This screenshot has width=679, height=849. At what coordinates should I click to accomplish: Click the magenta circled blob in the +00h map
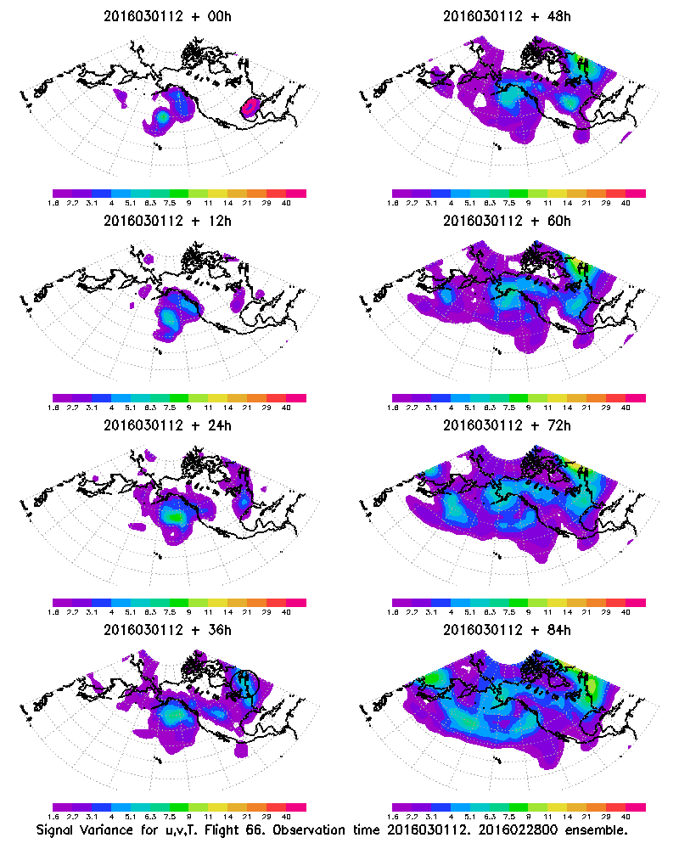[x=250, y=107]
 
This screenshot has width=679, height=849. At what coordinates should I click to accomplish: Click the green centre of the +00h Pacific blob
[x=163, y=115]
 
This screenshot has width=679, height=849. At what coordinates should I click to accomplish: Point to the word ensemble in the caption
[x=596, y=829]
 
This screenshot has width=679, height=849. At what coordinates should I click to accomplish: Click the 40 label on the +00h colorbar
[x=286, y=204]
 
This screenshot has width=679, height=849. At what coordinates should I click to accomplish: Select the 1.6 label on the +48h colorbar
[x=394, y=204]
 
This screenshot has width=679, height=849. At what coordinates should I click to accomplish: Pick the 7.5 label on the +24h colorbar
[x=170, y=611]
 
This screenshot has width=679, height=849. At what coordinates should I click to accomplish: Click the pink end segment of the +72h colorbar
[x=636, y=602]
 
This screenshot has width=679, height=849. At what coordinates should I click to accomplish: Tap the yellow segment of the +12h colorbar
[x=218, y=397]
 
